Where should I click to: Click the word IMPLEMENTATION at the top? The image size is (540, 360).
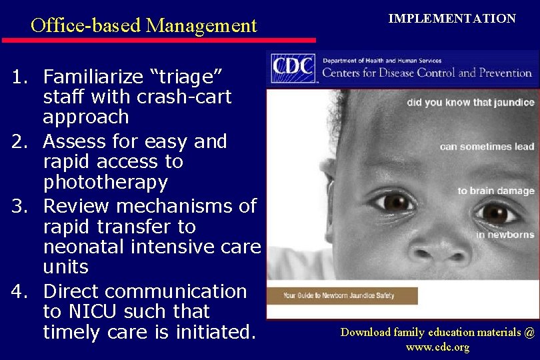coord(452,19)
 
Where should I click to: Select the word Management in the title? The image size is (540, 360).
coord(201,26)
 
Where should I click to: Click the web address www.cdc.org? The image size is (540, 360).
coord(437,347)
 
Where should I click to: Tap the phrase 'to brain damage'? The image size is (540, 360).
coord(496,191)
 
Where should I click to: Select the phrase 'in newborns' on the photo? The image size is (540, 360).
coord(505,235)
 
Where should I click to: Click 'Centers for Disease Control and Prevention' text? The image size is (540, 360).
coord(427,73)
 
